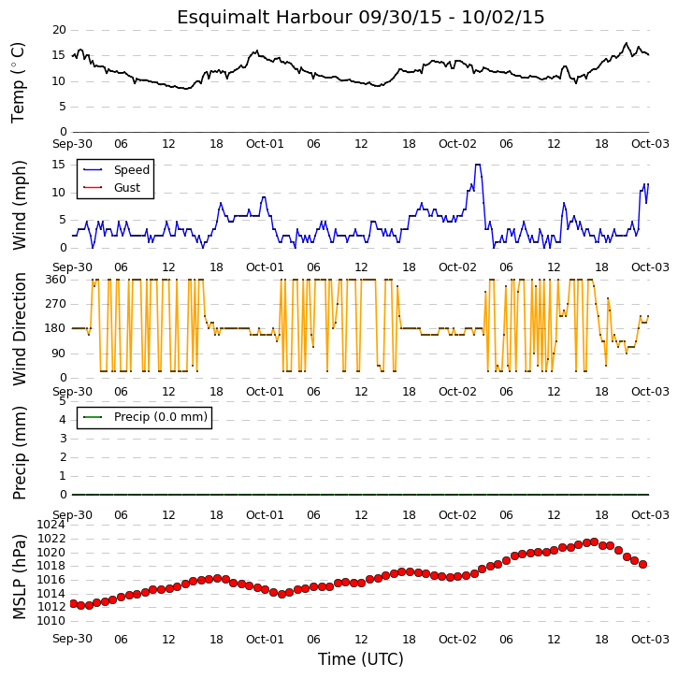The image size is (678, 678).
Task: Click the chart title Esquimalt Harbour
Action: pyautogui.click(x=265, y=18)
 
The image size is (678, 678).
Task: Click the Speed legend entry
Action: pyautogui.click(x=116, y=169)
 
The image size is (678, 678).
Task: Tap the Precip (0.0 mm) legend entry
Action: pyautogui.click(x=145, y=417)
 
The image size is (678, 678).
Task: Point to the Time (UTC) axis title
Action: pyautogui.click(x=361, y=659)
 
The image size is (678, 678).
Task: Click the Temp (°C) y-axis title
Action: pyautogui.click(x=18, y=82)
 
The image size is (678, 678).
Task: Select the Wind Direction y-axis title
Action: pyautogui.click(x=20, y=328)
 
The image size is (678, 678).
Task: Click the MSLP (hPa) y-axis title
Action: pyautogui.click(x=20, y=576)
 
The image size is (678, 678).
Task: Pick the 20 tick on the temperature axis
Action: pyautogui.click(x=59, y=30)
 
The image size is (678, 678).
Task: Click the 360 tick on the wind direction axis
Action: pyautogui.click(x=56, y=280)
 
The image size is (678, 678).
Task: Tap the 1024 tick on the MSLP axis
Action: pyautogui.click(x=51, y=525)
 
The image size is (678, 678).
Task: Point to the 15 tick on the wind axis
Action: pyautogui.click(x=58, y=165)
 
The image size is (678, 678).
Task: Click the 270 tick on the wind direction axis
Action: pyautogui.click(x=56, y=304)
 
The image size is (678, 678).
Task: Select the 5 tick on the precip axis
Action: pyautogui.click(x=63, y=401)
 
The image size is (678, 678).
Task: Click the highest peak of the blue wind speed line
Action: pyautogui.click(x=478, y=165)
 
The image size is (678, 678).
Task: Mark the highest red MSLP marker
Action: pyautogui.click(x=594, y=541)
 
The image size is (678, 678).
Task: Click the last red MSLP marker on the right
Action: pyautogui.click(x=642, y=564)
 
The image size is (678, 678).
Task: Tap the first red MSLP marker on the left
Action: pyautogui.click(x=74, y=603)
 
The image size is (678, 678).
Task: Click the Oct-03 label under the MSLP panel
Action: pyautogui.click(x=650, y=639)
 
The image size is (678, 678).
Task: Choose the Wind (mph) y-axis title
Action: pyautogui.click(x=20, y=206)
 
